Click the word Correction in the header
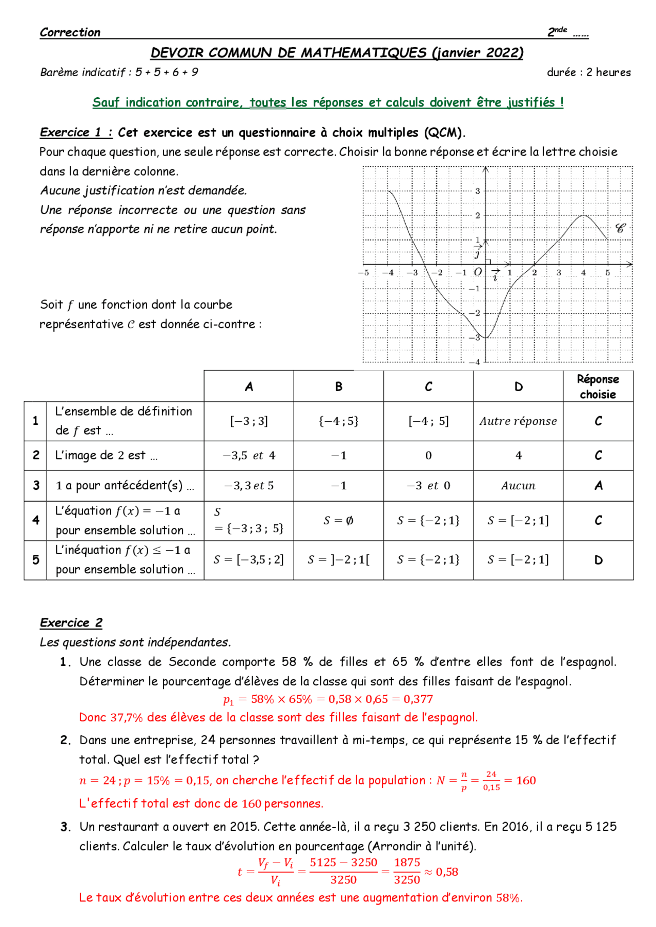tap(70, 32)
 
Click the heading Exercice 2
tap(71, 622)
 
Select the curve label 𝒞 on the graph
tap(620, 228)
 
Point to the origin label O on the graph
tap(478, 272)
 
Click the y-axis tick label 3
tap(478, 191)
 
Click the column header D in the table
tap(518, 387)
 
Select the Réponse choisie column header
tap(598, 386)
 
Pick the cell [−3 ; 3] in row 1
tap(249, 421)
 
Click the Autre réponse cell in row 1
tap(518, 421)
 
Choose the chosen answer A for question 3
tap(598, 485)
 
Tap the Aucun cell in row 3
tap(518, 486)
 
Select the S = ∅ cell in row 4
tap(338, 521)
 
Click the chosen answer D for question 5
tap(598, 560)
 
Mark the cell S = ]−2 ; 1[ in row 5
tap(338, 560)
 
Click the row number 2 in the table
tap(36, 455)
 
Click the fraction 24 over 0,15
tap(491, 781)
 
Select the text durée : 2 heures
tap(588, 72)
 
